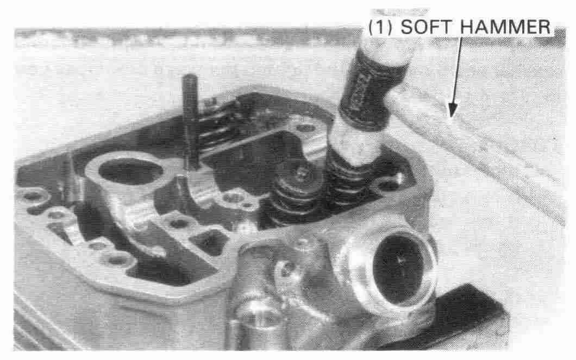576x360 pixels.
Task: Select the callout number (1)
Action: click(381, 28)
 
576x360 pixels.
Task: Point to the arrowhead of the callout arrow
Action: click(453, 110)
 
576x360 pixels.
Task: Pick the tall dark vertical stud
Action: click(191, 121)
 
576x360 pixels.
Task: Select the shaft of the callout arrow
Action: click(456, 70)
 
